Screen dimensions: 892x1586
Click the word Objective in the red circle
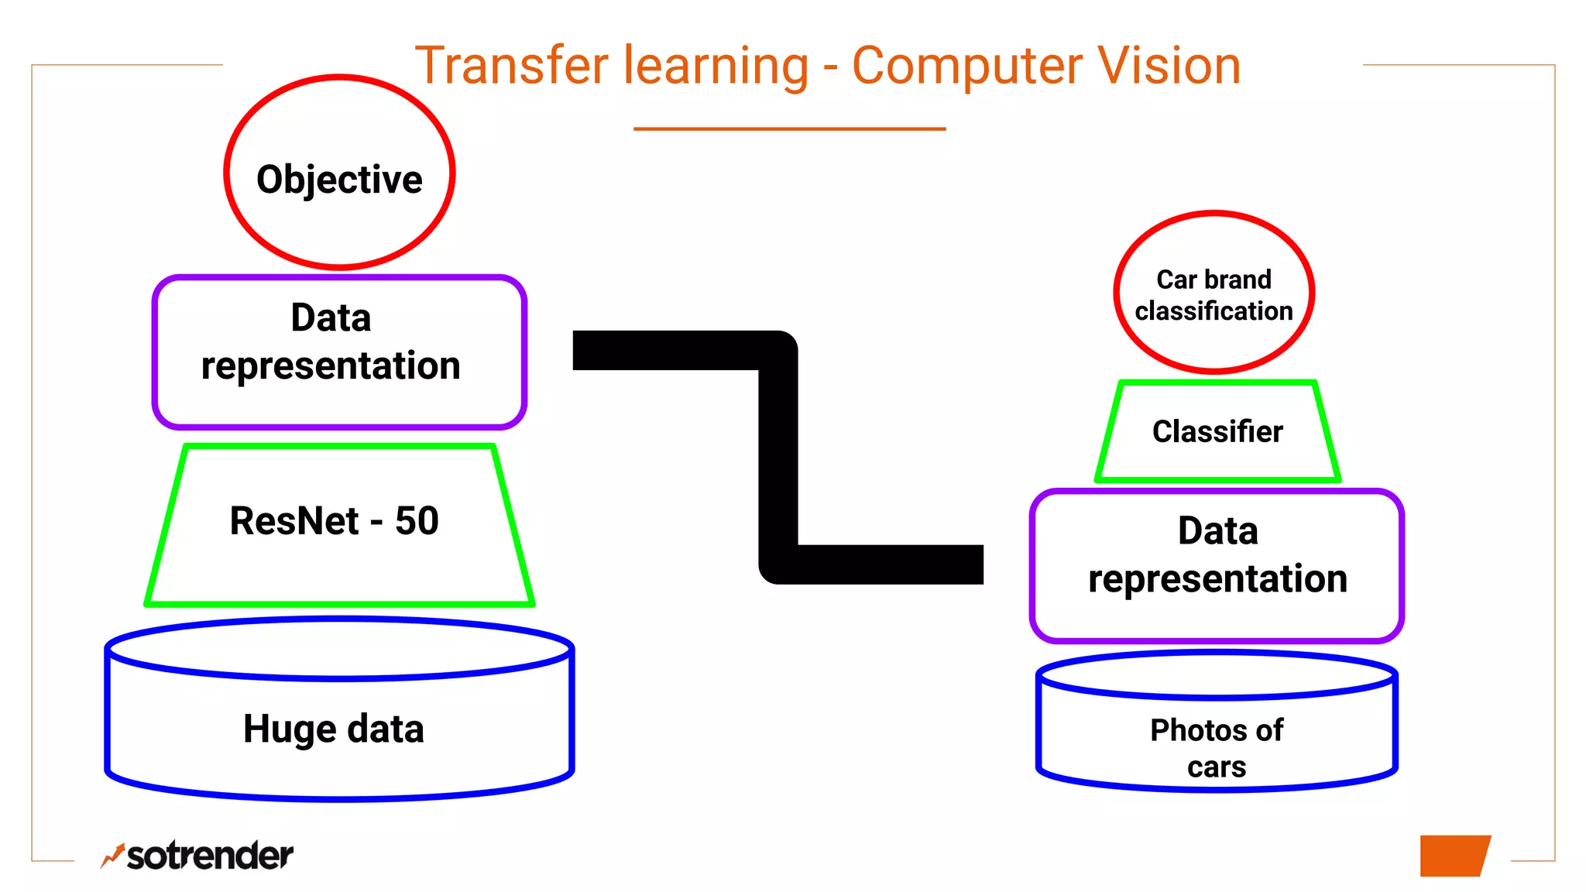point(339,180)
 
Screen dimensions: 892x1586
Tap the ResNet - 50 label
point(334,520)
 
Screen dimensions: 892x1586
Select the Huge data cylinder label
point(334,729)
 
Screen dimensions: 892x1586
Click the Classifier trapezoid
point(1217,431)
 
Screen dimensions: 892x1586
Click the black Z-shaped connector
point(778,457)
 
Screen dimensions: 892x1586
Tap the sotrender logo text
point(210,856)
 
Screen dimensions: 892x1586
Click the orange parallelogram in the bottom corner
point(1454,856)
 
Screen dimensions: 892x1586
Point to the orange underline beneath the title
point(789,129)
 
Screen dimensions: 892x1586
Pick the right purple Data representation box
point(1217,565)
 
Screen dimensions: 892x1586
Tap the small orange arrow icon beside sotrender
point(112,855)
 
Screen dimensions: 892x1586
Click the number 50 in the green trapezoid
point(417,520)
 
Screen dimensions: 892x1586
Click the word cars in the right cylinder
point(1217,767)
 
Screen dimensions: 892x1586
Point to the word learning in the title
point(716,67)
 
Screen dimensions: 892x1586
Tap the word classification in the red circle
point(1214,311)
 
